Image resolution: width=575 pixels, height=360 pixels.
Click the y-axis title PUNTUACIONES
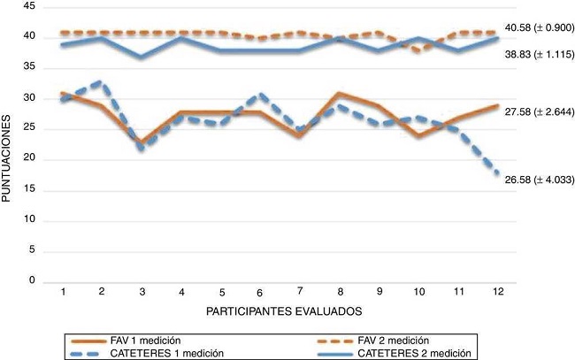click(x=8, y=150)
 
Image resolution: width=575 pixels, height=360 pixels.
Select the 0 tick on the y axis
click(x=32, y=282)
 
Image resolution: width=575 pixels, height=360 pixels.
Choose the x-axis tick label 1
click(x=64, y=291)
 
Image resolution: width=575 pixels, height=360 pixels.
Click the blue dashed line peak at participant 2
click(x=103, y=81)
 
